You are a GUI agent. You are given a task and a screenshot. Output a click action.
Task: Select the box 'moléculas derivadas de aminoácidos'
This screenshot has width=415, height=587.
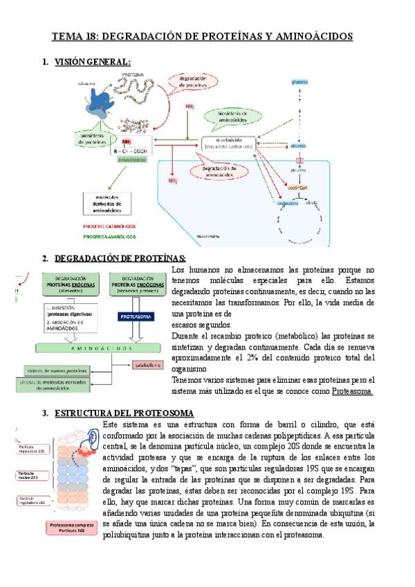pos(107,203)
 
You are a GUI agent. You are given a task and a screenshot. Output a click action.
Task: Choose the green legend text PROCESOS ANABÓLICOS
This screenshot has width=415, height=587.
pos(109,236)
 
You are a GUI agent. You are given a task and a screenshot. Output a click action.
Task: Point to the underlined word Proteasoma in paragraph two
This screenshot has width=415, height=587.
pos(353,391)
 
